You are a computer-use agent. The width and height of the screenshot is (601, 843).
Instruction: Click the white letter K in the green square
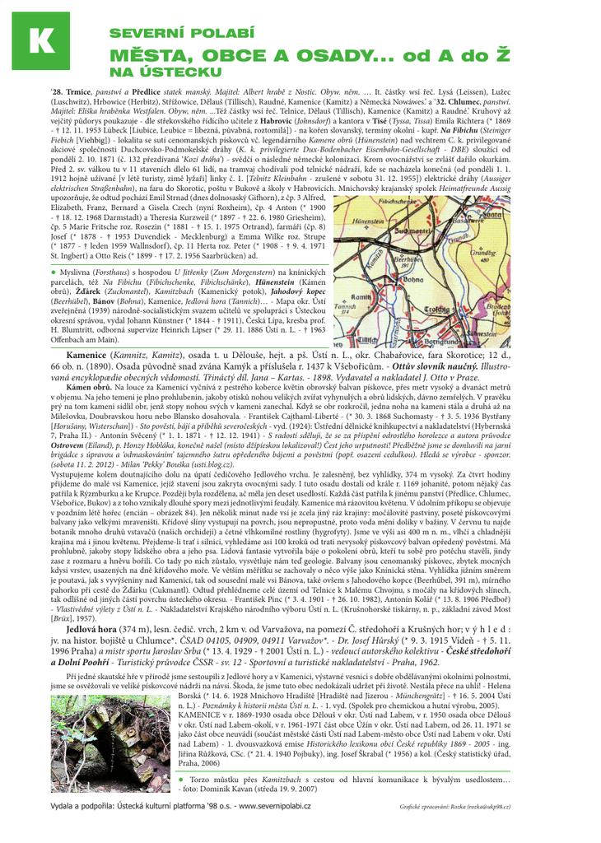40,42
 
